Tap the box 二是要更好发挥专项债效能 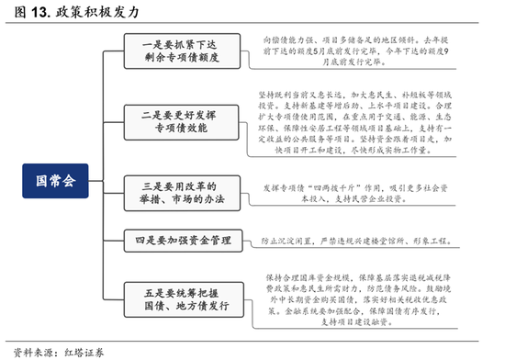click(x=177, y=119)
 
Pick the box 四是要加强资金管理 click(x=177, y=242)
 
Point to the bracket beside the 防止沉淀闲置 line click(x=245, y=242)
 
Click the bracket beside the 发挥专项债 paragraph click(x=245, y=192)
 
